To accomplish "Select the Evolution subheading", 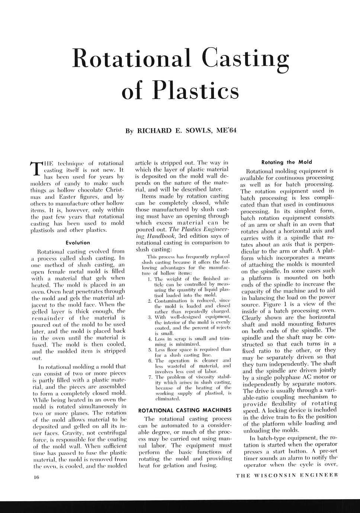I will (x=78, y=243).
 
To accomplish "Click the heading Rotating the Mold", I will (x=287, y=162).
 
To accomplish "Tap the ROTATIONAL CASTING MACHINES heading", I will (x=184, y=410).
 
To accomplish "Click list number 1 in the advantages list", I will (x=149, y=279).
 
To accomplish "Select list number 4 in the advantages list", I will (x=149, y=339).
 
